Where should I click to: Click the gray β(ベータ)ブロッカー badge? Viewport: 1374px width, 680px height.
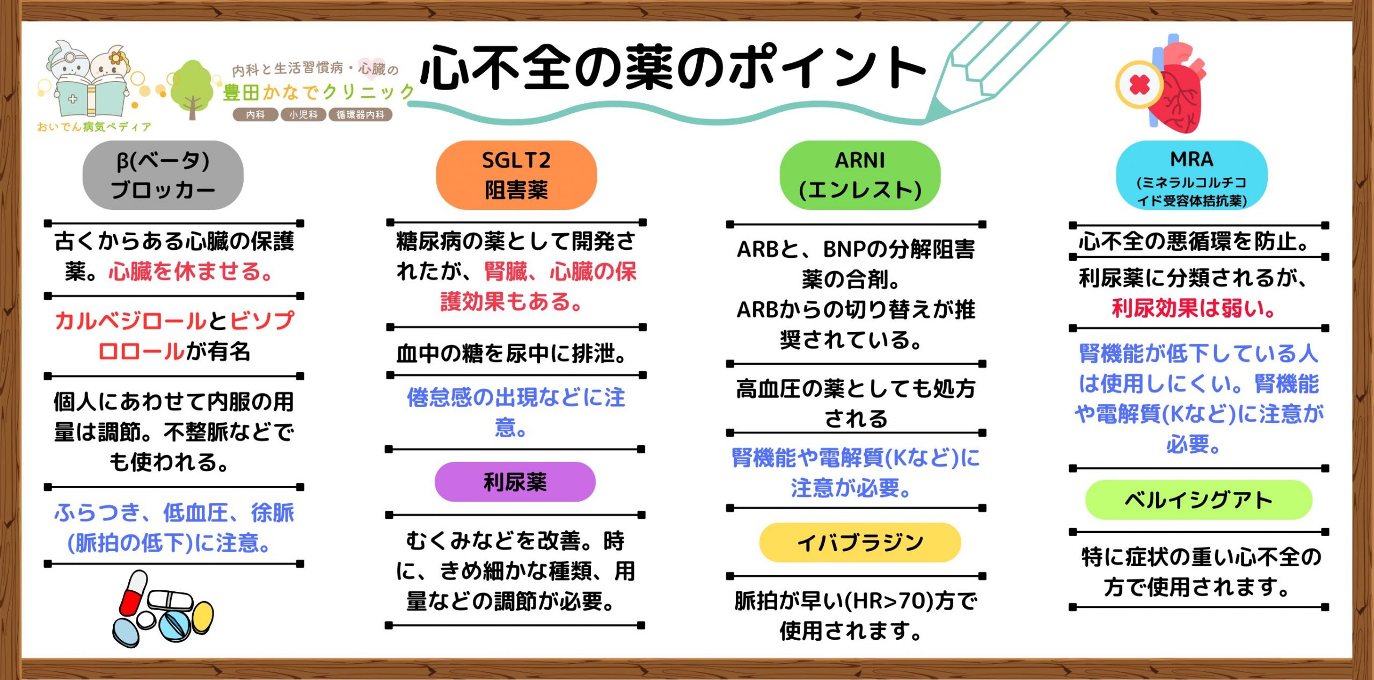coord(163,175)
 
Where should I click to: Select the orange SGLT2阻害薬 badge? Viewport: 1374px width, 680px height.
coord(516,175)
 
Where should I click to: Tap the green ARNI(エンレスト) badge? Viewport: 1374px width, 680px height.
coord(860,175)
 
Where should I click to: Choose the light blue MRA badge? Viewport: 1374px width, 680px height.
coord(1192,175)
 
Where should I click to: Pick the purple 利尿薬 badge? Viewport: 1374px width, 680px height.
coord(515,482)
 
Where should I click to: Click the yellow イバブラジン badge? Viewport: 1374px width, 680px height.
coord(860,542)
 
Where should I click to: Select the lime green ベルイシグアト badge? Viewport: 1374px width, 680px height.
coord(1198,500)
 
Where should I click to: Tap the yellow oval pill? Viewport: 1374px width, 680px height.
coord(203,617)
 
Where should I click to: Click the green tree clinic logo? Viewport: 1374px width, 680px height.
coord(192,89)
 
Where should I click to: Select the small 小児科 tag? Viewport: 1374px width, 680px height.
coord(303,114)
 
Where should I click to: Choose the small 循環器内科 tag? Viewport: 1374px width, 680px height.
coord(361,114)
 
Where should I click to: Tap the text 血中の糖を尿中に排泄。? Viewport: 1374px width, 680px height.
coord(511,353)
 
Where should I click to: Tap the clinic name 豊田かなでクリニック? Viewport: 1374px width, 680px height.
coord(319,92)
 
